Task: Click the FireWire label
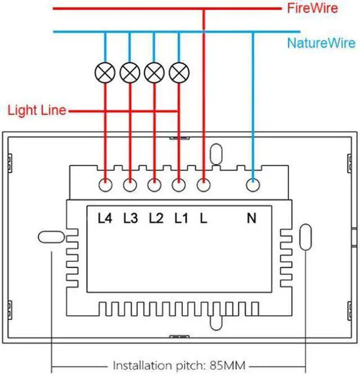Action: tap(312, 8)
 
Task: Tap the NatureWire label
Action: tap(321, 43)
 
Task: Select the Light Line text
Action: tap(37, 110)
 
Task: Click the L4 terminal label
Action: tap(105, 218)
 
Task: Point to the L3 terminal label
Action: tap(130, 218)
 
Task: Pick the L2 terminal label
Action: tap(156, 218)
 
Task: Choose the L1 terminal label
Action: tap(181, 218)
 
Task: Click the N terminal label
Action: tap(251, 218)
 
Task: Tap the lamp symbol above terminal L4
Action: tap(105, 73)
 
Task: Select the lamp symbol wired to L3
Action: tap(130, 73)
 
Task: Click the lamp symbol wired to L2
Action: tap(154, 73)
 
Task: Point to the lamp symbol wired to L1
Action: tap(179, 73)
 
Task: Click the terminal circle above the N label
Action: tap(253, 185)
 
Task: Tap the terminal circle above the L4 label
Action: tap(105, 185)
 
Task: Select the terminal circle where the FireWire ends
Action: tap(204, 185)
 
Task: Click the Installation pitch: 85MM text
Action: tap(179, 365)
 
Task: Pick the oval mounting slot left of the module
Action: tap(51, 237)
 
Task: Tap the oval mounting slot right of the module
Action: tap(305, 237)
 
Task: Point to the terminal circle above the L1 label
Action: tap(179, 185)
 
